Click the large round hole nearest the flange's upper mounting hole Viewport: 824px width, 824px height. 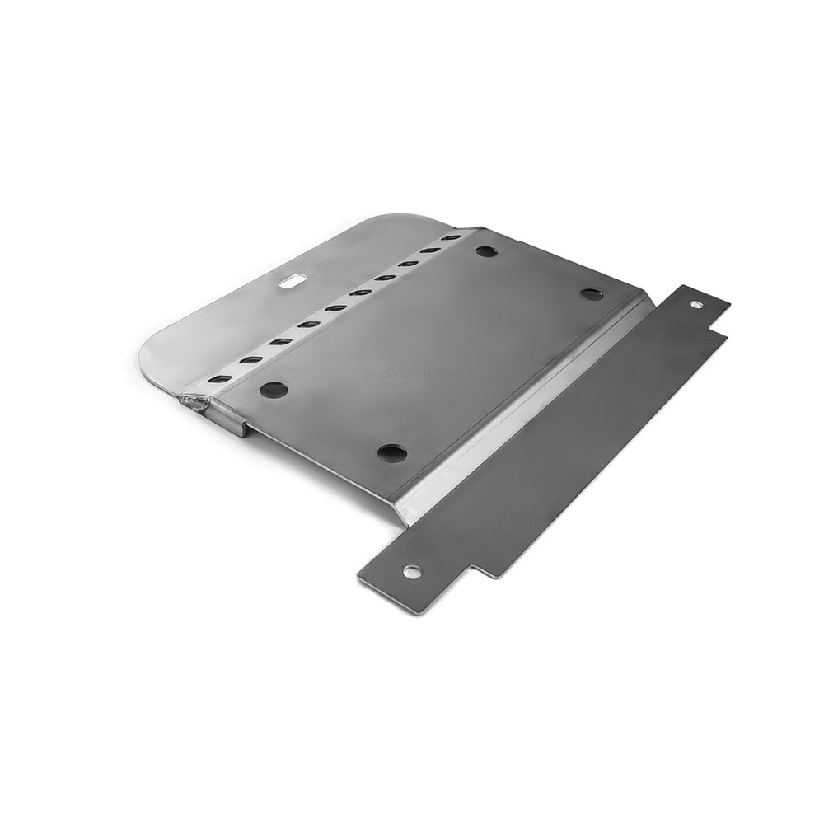point(592,293)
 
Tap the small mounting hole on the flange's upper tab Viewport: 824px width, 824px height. point(696,303)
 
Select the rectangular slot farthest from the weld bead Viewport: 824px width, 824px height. point(451,237)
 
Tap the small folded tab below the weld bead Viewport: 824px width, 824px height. point(236,426)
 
